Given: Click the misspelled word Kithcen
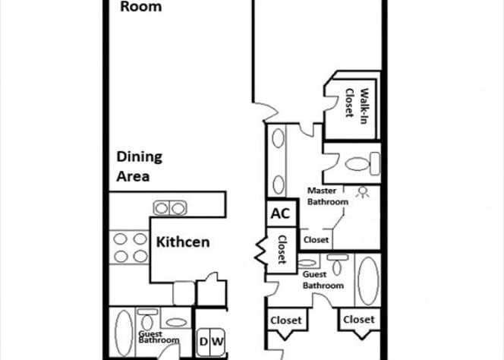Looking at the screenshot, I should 183,243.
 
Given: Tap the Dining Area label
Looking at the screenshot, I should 139,166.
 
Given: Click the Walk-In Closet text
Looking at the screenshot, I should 357,103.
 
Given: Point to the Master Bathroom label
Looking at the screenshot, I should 328,196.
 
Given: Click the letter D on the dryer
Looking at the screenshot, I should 203,341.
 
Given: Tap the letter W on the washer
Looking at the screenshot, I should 217,341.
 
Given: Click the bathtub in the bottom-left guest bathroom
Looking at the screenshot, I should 122,332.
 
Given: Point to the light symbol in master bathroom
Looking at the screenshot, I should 362,192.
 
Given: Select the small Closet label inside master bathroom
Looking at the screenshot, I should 317,239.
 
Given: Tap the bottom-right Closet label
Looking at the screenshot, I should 358,320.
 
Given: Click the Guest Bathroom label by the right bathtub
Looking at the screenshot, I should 323,279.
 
